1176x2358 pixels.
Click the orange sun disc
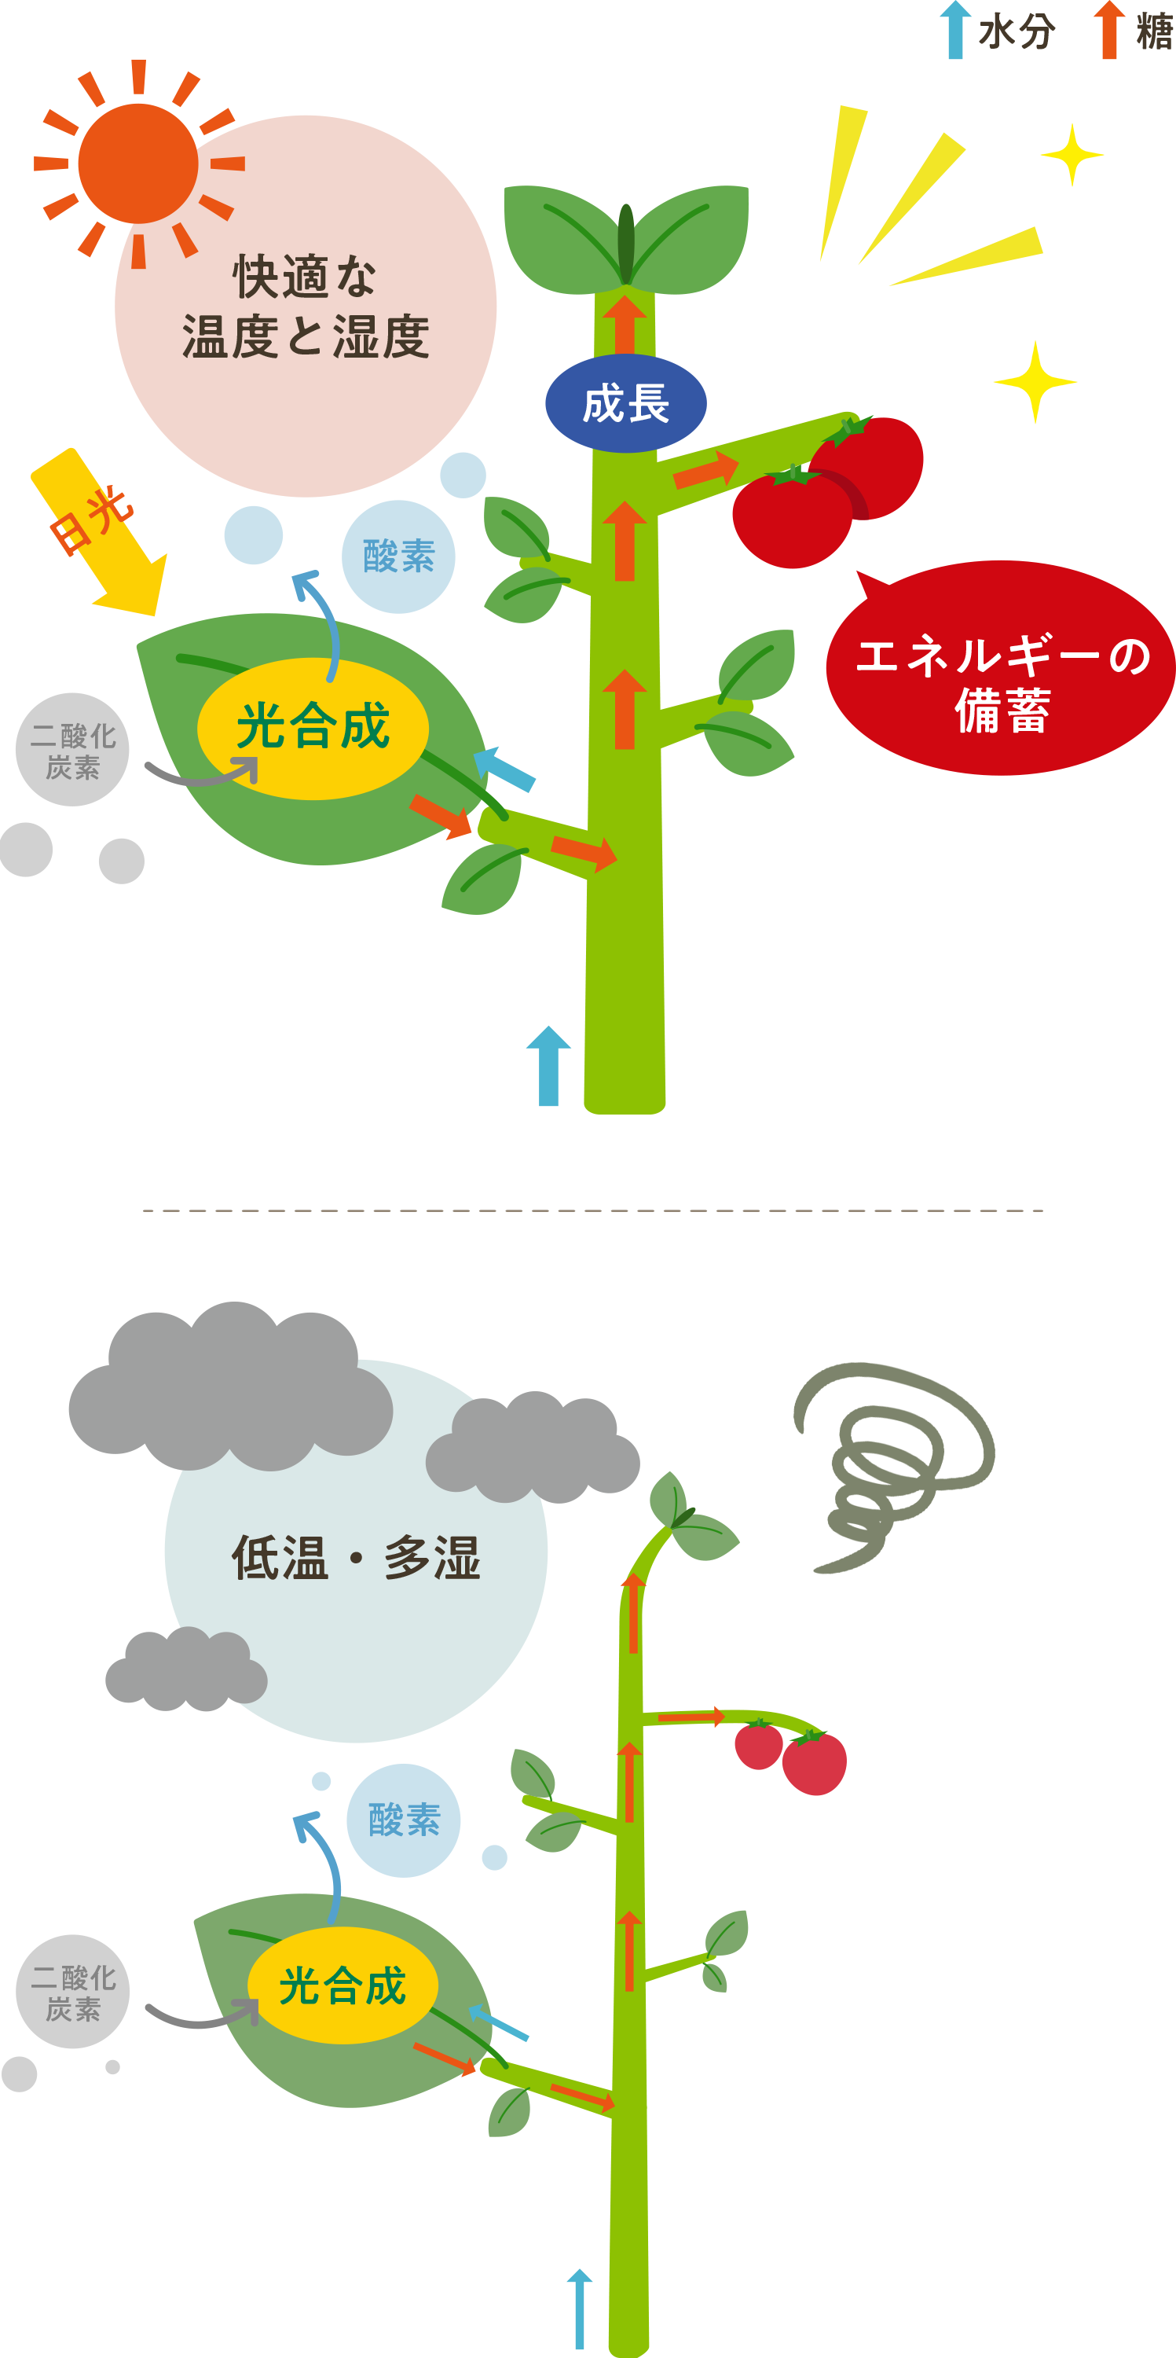(x=137, y=163)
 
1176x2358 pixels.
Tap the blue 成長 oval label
(x=625, y=402)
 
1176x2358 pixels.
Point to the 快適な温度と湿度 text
(x=305, y=307)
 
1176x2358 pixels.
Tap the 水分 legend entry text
(x=1016, y=33)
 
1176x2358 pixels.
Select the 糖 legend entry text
(x=1154, y=33)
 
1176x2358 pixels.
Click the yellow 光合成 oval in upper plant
(x=313, y=728)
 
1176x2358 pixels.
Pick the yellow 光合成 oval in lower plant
(x=343, y=1985)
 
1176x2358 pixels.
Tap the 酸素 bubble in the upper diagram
(x=398, y=556)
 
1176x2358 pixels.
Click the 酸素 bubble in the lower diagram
(x=404, y=1820)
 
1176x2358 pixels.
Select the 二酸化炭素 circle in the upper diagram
(x=72, y=751)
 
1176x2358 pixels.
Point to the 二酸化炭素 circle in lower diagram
(x=72, y=1993)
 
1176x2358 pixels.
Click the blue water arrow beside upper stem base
(x=548, y=1066)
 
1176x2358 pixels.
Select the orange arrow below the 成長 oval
(x=625, y=540)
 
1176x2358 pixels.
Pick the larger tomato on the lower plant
(x=814, y=1762)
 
